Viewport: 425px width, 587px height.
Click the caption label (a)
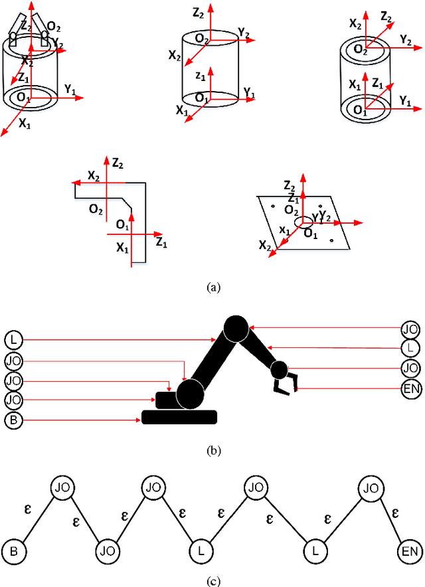pos(212,288)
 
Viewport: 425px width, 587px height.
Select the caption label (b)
pos(213,450)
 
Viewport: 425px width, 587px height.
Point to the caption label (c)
pos(212,582)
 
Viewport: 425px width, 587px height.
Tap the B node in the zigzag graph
pos(12,550)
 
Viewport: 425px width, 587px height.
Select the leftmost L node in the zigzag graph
pos(201,550)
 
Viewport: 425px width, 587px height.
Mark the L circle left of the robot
pos(13,340)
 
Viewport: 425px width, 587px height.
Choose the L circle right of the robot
pos(412,348)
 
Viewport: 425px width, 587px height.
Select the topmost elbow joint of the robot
pos(236,327)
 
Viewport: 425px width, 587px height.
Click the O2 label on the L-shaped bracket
pos(96,210)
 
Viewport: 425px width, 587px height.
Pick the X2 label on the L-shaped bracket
pos(94,175)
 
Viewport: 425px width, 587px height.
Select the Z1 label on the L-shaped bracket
pos(161,244)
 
